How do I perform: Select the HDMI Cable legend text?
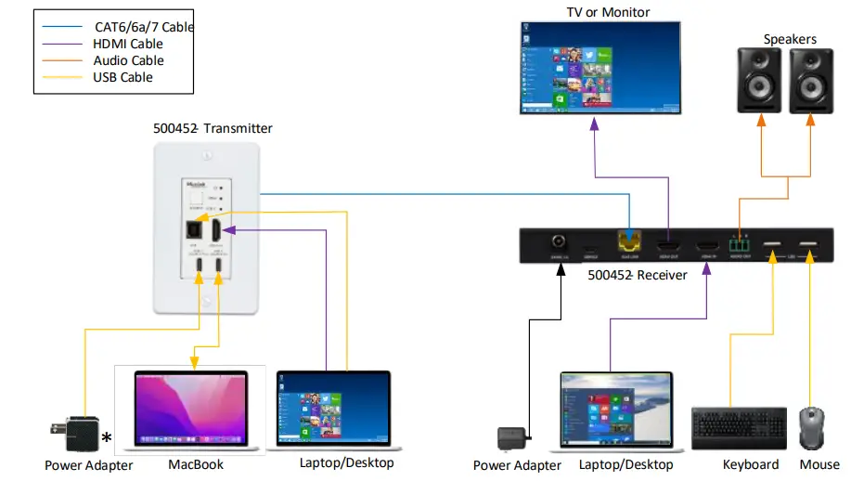tap(128, 44)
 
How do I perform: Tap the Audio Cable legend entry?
tap(128, 60)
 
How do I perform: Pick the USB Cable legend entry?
tap(122, 77)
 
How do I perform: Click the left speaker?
tap(761, 81)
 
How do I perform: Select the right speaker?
tap(812, 81)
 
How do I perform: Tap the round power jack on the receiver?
tap(561, 243)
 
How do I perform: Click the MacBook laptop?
tap(191, 409)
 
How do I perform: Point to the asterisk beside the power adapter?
tap(107, 437)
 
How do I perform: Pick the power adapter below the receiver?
tap(514, 438)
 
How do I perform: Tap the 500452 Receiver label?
tap(637, 275)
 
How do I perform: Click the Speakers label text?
tap(789, 39)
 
